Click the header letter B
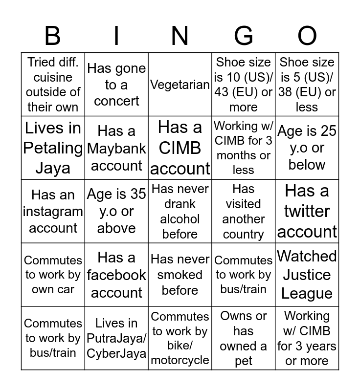pos(53,36)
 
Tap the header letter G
pos(244,36)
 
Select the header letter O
pos(307,36)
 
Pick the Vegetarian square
pos(180,85)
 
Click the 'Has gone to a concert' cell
pos(116,85)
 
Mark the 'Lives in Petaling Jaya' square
pos(53,148)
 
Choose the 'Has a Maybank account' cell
pos(116,148)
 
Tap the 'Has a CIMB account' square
pos(180,148)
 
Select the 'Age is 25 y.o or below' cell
pos(307,148)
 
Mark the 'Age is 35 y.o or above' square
pos(116,211)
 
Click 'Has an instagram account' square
pos(53,211)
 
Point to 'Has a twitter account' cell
pos(307,211)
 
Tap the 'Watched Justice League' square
pos(307,275)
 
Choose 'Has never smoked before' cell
pos(180,275)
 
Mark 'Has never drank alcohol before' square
pos(180,211)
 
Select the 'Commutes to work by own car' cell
pos(53,275)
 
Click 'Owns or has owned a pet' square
pos(244,338)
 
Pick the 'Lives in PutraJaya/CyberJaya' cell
pos(116,338)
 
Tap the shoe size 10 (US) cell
pos(244,85)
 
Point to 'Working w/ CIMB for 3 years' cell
pos(307,338)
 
